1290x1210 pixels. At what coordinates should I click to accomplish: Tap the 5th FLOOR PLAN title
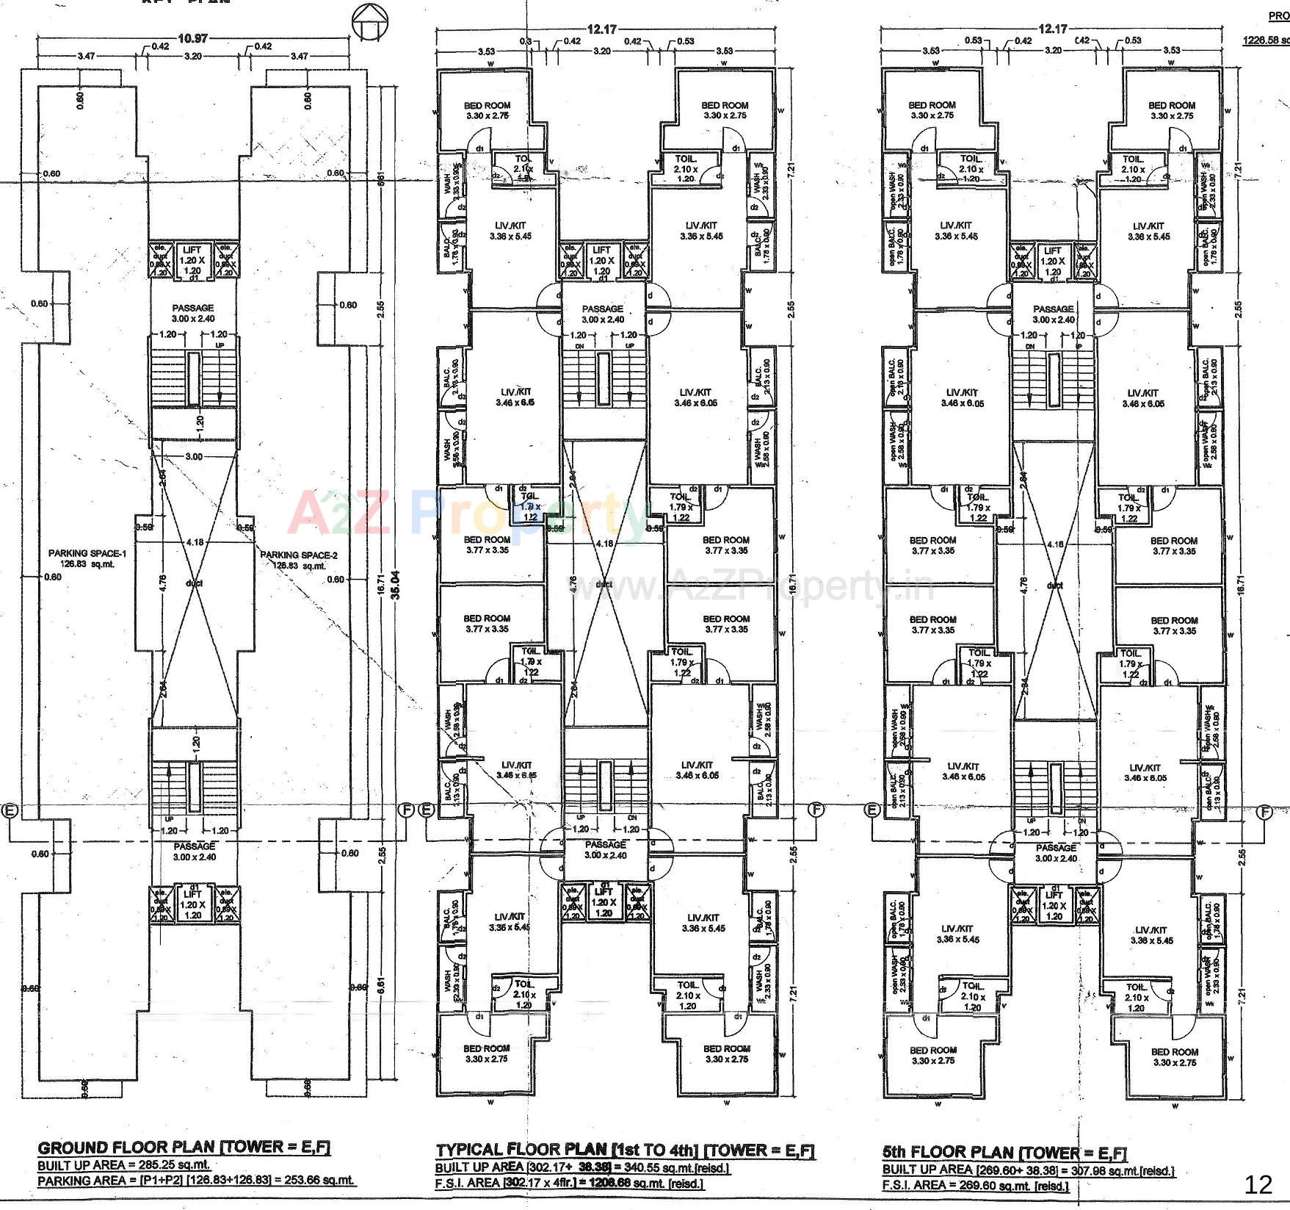pos(1004,1152)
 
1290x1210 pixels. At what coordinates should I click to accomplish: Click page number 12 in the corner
pos(1258,1184)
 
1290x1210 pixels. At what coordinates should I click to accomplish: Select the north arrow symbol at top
pos(368,22)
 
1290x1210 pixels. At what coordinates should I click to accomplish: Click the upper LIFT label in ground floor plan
pos(192,251)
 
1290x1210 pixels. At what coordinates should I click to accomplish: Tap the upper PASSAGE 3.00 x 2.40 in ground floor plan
pos(193,313)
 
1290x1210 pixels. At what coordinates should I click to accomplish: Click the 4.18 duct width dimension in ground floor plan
pos(195,542)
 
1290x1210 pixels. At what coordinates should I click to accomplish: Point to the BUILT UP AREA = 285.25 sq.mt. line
pos(124,1165)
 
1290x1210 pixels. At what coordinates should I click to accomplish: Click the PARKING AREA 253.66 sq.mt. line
pos(196,1181)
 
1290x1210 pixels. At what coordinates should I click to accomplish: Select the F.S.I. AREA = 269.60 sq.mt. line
pos(975,1186)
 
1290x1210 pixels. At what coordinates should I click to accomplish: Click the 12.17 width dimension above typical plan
pos(601,29)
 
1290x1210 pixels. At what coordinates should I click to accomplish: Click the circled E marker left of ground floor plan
pos(10,810)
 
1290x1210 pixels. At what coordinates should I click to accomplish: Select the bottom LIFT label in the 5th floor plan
pos(1054,895)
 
